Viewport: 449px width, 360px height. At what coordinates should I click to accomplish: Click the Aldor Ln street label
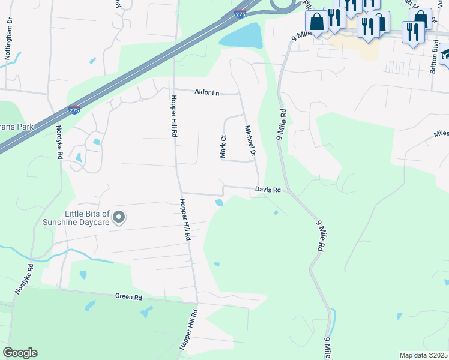207,92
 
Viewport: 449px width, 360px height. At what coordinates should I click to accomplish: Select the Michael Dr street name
250,142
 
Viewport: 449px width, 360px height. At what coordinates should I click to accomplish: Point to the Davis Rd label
268,190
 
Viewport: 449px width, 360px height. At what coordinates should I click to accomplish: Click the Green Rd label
128,296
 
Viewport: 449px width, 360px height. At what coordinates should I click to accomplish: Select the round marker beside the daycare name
119,217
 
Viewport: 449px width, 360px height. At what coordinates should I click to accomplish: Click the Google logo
20,353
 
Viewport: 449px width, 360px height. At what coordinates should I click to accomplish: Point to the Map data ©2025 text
423,355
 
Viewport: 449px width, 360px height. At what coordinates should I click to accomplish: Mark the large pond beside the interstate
241,36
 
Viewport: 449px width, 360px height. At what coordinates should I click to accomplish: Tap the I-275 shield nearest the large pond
240,13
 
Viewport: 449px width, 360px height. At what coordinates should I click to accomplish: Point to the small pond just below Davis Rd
219,202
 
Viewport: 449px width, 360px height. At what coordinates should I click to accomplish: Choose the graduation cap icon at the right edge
445,53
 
